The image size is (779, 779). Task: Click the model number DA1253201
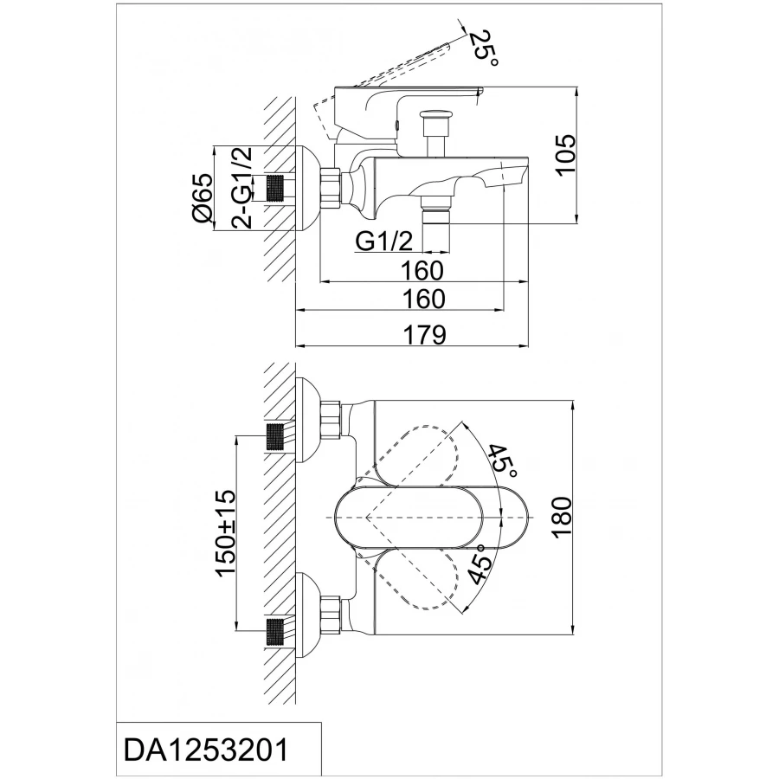[206, 750]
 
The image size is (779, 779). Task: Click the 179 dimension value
[424, 335]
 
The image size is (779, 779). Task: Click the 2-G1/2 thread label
[242, 188]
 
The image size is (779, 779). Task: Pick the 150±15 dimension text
[226, 533]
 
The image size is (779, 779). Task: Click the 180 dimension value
[563, 517]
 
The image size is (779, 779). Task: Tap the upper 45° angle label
[503, 460]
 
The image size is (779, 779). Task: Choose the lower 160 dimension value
[423, 299]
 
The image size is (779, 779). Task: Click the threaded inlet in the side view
[277, 189]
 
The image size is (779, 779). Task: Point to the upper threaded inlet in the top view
[277, 437]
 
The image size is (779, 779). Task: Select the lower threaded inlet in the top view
[277, 633]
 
